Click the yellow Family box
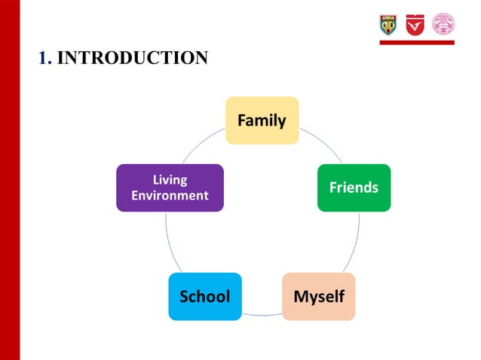[262, 121]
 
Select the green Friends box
[354, 188]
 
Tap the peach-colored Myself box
[318, 296]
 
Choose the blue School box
[204, 296]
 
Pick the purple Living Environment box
[170, 188]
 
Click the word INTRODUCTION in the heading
[132, 57]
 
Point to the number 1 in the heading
[44, 57]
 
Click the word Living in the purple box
[170, 180]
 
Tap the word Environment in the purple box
[170, 196]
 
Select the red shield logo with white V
[415, 24]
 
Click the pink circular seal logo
[443, 24]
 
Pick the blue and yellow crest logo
[388, 24]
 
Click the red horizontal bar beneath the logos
[416, 43]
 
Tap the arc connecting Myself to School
[262, 313]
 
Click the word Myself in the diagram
[318, 296]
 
